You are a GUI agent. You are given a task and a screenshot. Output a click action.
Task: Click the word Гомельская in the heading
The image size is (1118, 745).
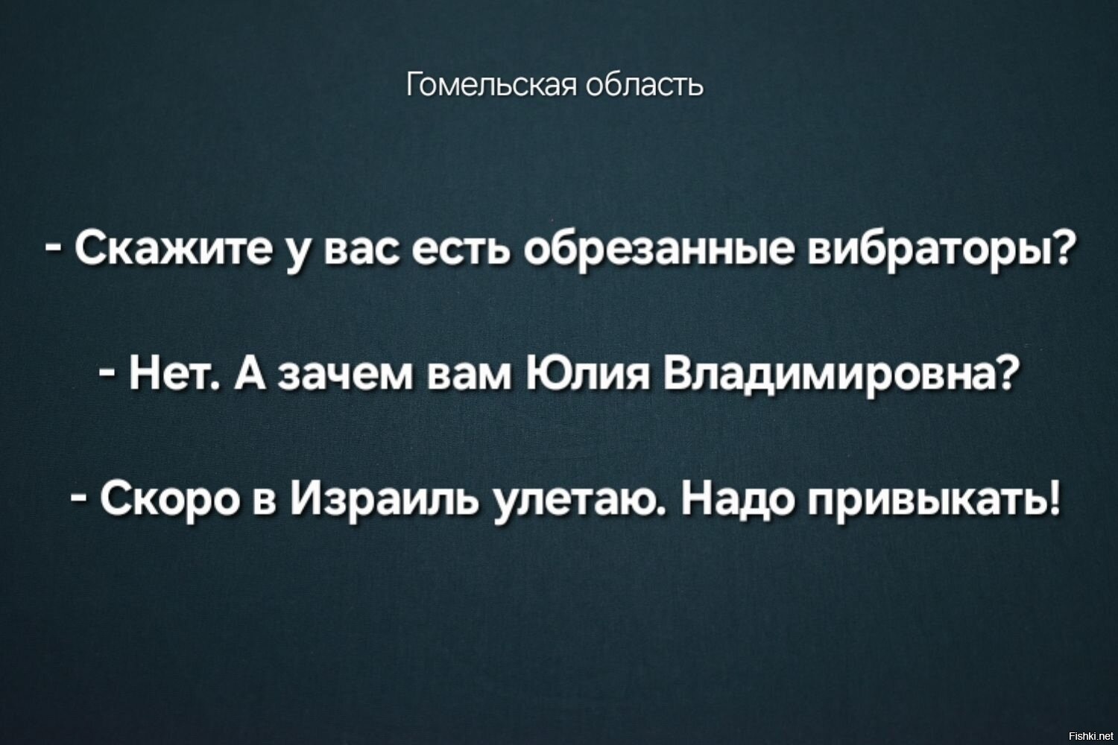[491, 84]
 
